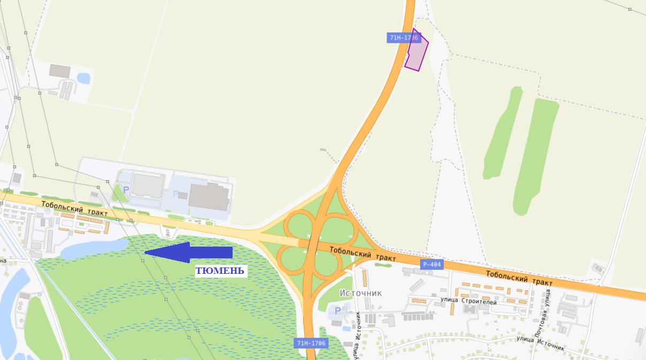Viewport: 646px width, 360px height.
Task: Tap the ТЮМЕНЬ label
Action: tap(220, 271)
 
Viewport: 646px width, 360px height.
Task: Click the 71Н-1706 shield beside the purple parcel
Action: tap(403, 38)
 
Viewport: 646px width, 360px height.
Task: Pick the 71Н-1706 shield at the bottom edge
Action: tap(311, 343)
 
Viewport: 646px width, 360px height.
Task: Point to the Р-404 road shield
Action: tap(432, 264)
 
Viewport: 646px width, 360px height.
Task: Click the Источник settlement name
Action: tap(361, 293)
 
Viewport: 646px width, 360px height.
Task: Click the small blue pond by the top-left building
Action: tap(83, 78)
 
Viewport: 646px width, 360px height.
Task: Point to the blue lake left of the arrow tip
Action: tap(94, 248)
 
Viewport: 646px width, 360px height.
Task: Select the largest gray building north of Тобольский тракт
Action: tap(209, 196)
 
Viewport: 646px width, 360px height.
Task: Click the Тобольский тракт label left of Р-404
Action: tap(355, 254)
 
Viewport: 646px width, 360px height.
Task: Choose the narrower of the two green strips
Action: tap(503, 132)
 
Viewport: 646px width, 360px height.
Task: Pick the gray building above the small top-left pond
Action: tap(60, 71)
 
